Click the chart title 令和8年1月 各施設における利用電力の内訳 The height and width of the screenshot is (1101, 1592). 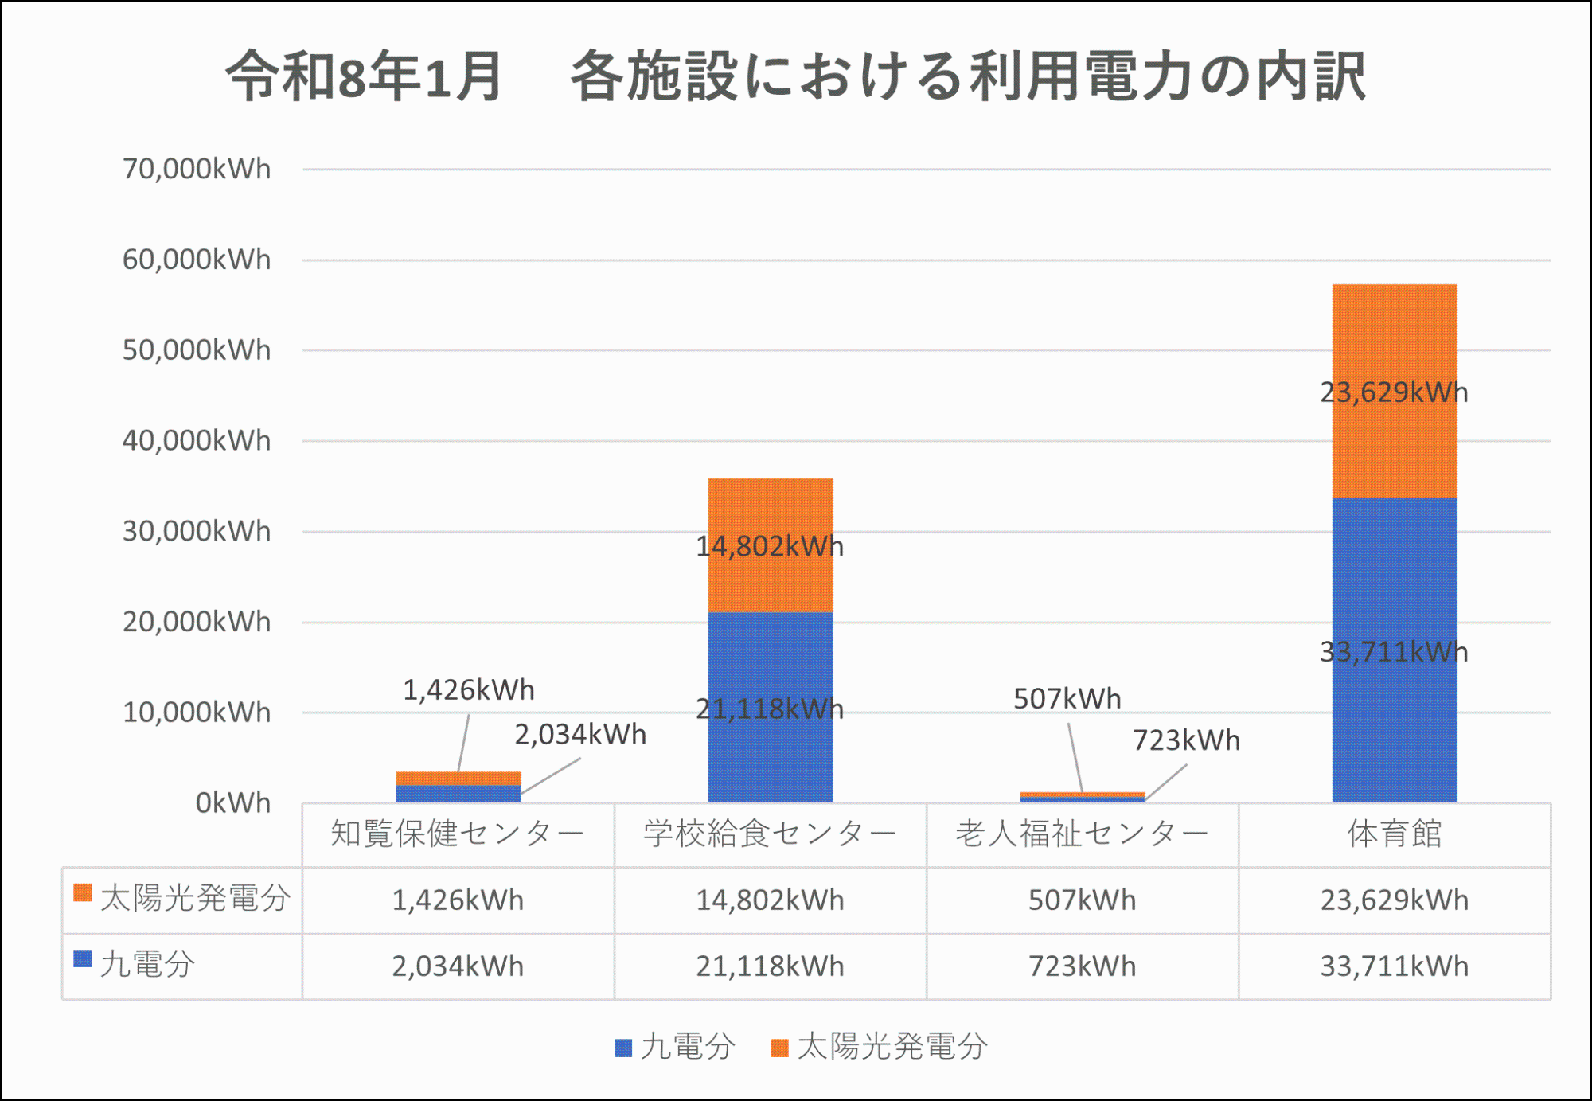[x=796, y=76]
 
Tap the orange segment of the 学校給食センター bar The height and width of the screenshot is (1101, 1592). [x=771, y=510]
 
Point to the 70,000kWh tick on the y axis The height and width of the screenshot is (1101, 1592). [x=197, y=170]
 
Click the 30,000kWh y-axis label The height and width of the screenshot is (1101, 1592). [x=197, y=531]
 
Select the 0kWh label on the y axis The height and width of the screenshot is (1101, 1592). [x=232, y=802]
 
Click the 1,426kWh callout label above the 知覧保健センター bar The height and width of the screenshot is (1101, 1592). [x=468, y=690]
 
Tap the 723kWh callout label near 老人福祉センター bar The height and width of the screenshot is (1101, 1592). [x=1186, y=740]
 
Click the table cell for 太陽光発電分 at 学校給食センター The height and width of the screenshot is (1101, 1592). [x=770, y=900]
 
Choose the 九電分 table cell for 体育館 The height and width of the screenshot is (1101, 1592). [x=1394, y=966]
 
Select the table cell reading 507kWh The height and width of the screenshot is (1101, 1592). [x=1082, y=900]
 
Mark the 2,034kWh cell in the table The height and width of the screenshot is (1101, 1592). [x=458, y=966]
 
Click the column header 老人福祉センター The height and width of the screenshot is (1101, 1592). [x=1082, y=834]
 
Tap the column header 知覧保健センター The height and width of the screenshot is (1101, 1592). [x=458, y=834]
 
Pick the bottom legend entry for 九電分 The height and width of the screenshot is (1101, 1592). [x=677, y=1047]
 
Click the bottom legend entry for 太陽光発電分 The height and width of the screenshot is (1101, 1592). [x=880, y=1047]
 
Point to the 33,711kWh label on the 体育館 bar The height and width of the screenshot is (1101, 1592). [x=1394, y=653]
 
